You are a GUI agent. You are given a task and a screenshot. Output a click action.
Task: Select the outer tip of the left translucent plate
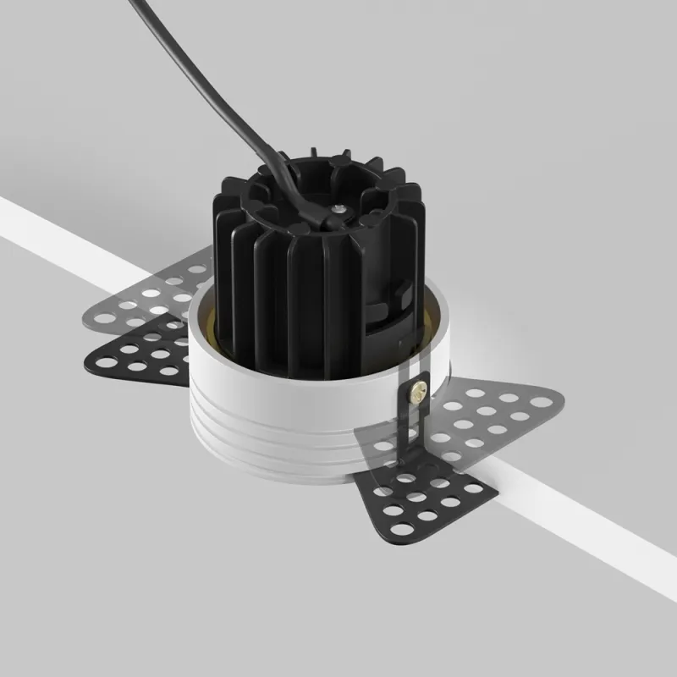click(87, 320)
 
